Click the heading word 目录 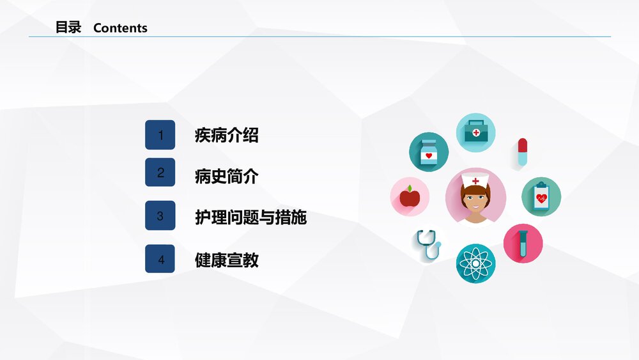68,27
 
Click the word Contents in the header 120,28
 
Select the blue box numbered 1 160,135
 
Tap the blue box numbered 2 160,173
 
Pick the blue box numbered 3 160,216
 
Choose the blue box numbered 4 160,259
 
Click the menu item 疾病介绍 226,136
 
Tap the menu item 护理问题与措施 250,217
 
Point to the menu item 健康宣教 226,260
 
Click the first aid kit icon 475,133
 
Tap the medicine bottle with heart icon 429,152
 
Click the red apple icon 410,196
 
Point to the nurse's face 475,200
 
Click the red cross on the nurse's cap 475,181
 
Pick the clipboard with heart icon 541,196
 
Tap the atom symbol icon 475,263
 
